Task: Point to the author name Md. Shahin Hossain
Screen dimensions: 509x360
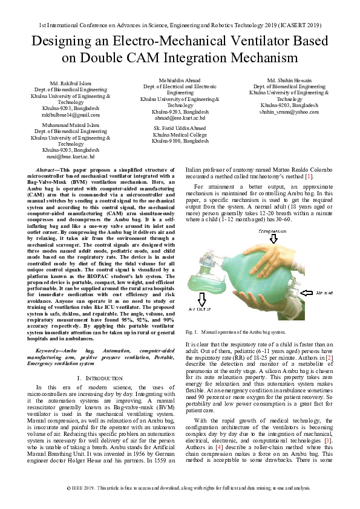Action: click(289, 80)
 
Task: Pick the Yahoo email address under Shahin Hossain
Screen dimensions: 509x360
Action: click(289, 112)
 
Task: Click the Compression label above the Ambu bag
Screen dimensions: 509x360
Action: click(273, 232)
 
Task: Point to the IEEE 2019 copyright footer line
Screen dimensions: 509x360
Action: click(180, 487)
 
